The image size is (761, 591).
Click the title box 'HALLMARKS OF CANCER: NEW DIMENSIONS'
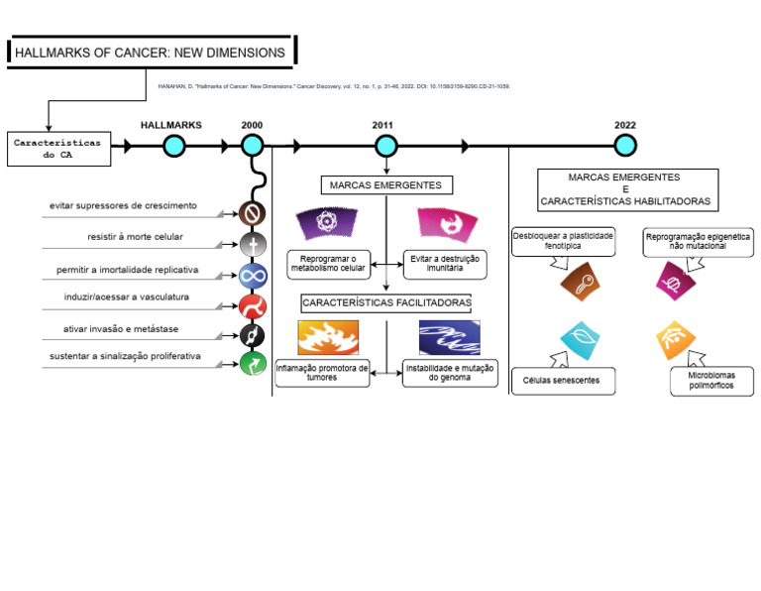point(151,53)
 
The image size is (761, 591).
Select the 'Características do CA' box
point(56,149)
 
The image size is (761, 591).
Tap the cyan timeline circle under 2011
point(386,147)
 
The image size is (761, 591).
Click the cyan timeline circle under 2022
point(625,147)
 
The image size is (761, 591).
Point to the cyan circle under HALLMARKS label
point(173,147)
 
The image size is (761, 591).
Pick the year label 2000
point(252,125)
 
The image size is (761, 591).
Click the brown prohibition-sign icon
point(253,213)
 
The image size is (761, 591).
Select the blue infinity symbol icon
point(253,276)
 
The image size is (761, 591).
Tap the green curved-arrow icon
point(253,365)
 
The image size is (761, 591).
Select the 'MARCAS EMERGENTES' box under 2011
point(386,185)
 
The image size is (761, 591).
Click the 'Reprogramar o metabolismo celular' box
point(327,263)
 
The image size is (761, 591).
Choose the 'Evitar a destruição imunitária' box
point(443,263)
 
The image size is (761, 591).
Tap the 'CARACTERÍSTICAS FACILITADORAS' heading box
point(386,302)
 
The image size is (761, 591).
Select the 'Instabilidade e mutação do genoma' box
point(450,373)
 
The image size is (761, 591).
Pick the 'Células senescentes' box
point(561,381)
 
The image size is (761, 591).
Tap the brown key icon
point(580,282)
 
